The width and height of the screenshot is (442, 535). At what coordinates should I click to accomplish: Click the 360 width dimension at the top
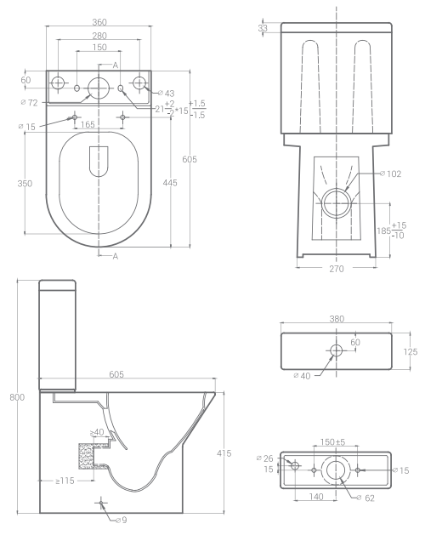tap(99, 22)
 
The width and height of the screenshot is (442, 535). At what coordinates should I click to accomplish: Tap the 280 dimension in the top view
tap(99, 36)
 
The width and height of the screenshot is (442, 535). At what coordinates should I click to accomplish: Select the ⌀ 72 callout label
tap(29, 102)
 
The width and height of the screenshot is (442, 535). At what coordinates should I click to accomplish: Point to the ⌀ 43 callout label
tap(166, 94)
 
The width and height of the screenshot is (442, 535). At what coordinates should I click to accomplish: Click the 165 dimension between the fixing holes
tap(88, 124)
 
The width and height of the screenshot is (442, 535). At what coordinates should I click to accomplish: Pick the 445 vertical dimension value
tap(170, 183)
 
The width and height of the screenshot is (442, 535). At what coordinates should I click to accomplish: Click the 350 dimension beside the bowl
tap(25, 184)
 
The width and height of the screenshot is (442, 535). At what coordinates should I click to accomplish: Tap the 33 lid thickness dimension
tap(263, 28)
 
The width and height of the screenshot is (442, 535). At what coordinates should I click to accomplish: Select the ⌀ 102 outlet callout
tap(391, 174)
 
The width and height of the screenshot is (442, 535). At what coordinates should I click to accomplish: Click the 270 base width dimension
tap(337, 269)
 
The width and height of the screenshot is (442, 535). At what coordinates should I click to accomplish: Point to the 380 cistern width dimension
tap(337, 319)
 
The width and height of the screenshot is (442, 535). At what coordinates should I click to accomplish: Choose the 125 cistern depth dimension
tap(411, 352)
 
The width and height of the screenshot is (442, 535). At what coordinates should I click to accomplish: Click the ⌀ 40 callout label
tap(302, 376)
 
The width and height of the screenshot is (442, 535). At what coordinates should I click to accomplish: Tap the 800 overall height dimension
tap(17, 397)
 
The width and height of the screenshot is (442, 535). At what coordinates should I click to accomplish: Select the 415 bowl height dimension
tap(224, 453)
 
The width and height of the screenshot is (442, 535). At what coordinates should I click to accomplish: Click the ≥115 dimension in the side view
tap(65, 481)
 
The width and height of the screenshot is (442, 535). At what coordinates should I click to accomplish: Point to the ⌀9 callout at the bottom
tap(121, 520)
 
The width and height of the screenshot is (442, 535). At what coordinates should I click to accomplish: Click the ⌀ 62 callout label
tap(365, 498)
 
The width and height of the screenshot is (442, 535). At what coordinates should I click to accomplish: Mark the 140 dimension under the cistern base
tap(316, 497)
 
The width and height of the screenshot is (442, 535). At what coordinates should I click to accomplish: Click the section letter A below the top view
tap(116, 256)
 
